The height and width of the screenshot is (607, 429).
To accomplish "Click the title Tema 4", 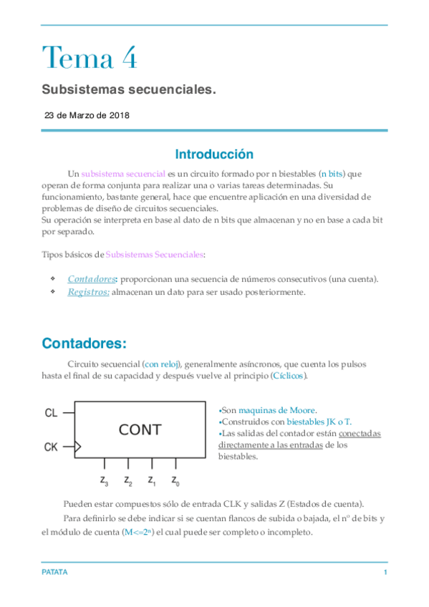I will coord(89,57).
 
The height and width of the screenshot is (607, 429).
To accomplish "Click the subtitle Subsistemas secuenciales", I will coord(128,90).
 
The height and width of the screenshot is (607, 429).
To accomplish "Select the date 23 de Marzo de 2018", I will coord(87,115).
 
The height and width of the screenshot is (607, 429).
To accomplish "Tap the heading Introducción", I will coord(214,154).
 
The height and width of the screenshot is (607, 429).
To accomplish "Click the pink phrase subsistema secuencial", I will coord(123,174).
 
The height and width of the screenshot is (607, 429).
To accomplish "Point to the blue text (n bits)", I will coord(332,174).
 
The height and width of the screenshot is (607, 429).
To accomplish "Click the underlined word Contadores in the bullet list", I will coord(91,278).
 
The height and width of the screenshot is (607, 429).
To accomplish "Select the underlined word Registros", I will coord(88,292).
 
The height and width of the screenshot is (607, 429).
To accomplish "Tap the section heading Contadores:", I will coord(84,343).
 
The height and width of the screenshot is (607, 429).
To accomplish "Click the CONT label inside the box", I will coord(140,430).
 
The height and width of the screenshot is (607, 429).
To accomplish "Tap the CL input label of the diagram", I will coord(51,413).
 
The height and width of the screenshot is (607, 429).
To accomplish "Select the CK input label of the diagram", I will coord(51,447).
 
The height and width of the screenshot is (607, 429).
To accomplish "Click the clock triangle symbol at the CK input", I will coord(78,447).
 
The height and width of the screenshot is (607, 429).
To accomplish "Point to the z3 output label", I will coord(104,480).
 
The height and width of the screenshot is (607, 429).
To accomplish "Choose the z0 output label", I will coord(175,480).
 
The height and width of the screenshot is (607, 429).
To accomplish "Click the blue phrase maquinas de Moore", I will coord(276,410).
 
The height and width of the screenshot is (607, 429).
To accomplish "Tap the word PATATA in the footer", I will coord(54,573).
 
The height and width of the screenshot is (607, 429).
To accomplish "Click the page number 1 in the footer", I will coord(385,573).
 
